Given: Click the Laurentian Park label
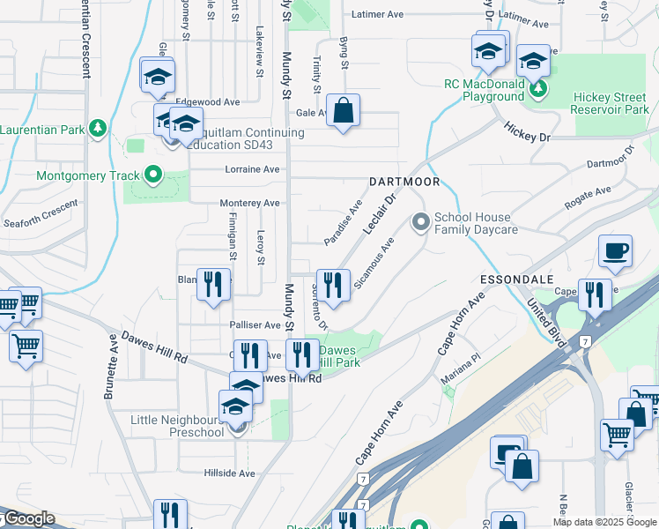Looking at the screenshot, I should tap(41, 130).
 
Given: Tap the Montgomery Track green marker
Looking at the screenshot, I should tap(153, 175).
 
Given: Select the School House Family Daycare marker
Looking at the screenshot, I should tap(421, 222).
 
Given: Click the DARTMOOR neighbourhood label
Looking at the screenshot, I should tap(404, 181).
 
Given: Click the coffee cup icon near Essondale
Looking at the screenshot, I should tap(615, 250).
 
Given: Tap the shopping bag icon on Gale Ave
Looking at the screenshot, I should tap(344, 111).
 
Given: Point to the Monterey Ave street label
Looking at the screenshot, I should tap(249, 203).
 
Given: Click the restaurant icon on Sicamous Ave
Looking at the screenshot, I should tap(332, 285).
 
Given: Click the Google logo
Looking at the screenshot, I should tap(28, 518).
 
